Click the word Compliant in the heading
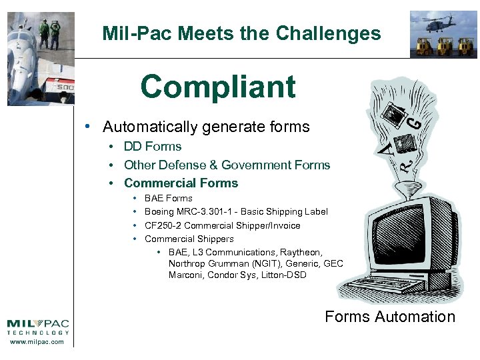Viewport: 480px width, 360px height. [x=217, y=87]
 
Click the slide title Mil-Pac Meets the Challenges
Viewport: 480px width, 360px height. [x=241, y=33]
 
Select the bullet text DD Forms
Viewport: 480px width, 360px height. [x=153, y=147]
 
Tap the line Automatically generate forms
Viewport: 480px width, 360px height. [x=206, y=127]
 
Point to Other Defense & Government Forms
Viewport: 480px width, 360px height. [x=227, y=165]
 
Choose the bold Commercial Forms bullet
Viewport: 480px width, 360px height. [x=181, y=183]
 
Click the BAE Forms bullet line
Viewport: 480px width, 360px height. [x=168, y=198]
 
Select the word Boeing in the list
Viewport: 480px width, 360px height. [x=159, y=211]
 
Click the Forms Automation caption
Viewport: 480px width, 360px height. [x=389, y=317]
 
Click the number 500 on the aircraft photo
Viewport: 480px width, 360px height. [x=64, y=87]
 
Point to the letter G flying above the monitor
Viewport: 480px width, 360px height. [x=414, y=123]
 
